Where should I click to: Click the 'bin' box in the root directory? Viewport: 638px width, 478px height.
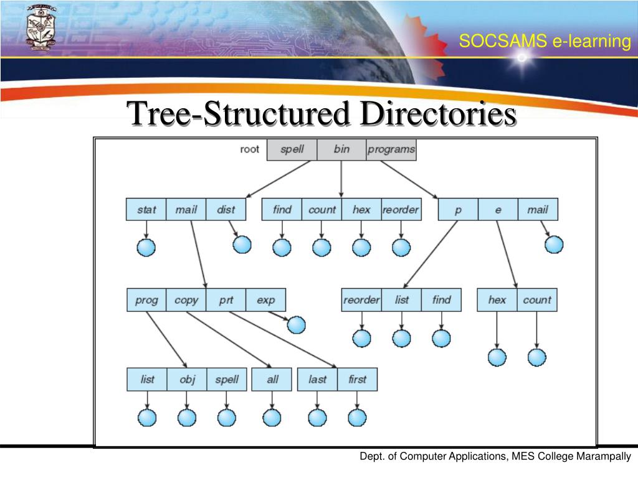[x=341, y=149]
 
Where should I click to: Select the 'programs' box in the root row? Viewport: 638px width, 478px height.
[x=391, y=149]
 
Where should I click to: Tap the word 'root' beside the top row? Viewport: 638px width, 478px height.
[x=249, y=149]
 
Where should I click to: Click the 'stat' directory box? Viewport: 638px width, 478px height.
[x=146, y=210]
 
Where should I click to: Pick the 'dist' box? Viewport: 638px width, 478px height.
[x=226, y=210]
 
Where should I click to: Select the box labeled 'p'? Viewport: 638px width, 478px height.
[x=458, y=210]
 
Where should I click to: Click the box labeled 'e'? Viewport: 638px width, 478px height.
[x=498, y=210]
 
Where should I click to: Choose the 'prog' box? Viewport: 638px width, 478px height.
[x=146, y=300]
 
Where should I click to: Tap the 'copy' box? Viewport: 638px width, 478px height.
[x=186, y=300]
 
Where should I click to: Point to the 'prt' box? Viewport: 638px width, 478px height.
[x=226, y=300]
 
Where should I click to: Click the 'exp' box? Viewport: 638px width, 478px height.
[x=265, y=300]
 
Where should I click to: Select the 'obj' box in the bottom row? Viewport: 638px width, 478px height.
[x=187, y=379]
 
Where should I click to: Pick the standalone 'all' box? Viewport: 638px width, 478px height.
[x=272, y=379]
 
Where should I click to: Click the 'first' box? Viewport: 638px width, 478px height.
[x=358, y=379]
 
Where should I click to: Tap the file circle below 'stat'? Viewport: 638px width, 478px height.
[x=146, y=248]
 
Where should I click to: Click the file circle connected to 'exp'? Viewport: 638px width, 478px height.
[x=297, y=325]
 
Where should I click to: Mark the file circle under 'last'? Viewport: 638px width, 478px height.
[x=317, y=417]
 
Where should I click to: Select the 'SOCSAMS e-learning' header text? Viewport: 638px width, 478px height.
[x=545, y=42]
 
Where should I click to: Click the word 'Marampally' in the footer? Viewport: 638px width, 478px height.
[x=604, y=457]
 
